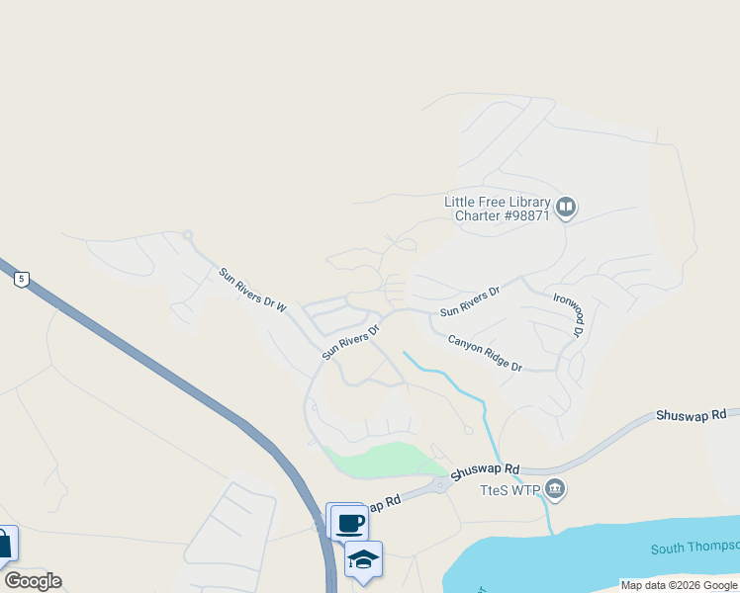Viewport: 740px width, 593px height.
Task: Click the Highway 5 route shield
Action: click(21, 280)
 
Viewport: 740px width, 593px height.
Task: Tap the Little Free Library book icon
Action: click(566, 208)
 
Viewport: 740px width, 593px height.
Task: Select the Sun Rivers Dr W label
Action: click(252, 291)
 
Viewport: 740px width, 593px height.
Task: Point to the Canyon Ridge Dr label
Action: click(484, 353)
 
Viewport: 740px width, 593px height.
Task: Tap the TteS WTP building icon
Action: click(555, 489)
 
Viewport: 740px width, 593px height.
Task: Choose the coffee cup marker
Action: click(348, 521)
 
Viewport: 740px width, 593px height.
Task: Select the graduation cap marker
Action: click(363, 559)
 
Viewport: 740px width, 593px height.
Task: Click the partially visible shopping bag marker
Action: click(5, 544)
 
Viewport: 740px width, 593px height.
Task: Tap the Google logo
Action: click(33, 581)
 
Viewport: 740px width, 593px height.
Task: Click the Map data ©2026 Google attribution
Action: click(679, 585)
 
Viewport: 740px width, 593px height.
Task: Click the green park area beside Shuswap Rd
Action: click(381, 461)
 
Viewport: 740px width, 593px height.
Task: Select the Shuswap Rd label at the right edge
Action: click(691, 416)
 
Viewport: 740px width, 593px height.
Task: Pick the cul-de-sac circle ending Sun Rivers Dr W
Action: click(187, 235)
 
